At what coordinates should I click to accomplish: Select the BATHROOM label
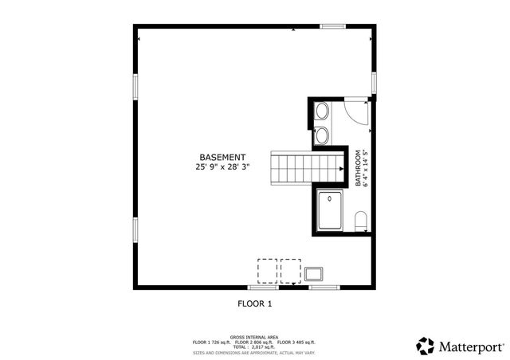[358, 169]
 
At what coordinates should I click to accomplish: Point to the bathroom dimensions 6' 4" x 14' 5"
[366, 169]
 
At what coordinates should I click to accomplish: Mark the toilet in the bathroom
[360, 221]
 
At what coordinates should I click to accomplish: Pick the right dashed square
[291, 270]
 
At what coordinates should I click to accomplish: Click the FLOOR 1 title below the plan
[255, 303]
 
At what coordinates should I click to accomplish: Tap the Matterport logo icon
[426, 346]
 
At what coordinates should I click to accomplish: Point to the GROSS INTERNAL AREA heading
[254, 337]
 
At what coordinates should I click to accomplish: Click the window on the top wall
[332, 26]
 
